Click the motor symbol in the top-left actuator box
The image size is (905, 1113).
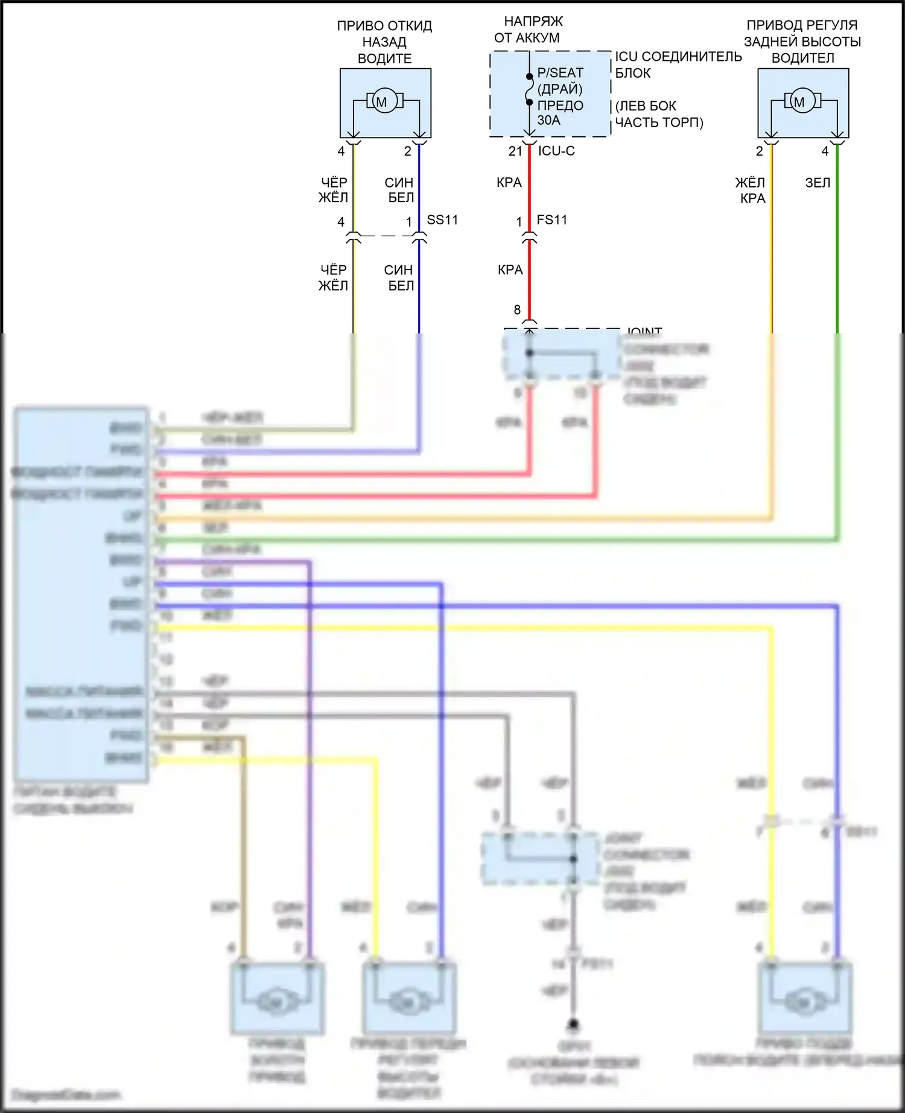[x=381, y=101]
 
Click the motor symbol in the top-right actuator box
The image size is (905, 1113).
[x=799, y=101]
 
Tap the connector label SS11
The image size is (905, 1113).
[x=442, y=220]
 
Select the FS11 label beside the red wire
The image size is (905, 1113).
[x=552, y=220]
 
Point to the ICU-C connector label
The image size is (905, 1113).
[x=556, y=151]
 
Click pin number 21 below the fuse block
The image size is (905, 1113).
[x=515, y=151]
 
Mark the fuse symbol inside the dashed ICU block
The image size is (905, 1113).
[x=529, y=89]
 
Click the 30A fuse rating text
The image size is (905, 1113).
[x=549, y=121]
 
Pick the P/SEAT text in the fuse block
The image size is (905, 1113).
[x=560, y=73]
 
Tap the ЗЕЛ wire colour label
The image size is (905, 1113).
[x=818, y=183]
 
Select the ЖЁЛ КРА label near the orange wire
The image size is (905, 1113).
[x=750, y=191]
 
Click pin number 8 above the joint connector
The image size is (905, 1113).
[x=517, y=310]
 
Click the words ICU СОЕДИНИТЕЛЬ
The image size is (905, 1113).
[x=678, y=57]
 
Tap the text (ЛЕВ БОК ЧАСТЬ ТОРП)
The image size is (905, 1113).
[x=659, y=115]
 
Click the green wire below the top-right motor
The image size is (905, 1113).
[x=837, y=241]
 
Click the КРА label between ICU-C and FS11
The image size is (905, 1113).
[x=509, y=183]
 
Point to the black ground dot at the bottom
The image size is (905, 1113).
[x=574, y=1024]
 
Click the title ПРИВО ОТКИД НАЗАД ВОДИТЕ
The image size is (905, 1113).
[x=385, y=42]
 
